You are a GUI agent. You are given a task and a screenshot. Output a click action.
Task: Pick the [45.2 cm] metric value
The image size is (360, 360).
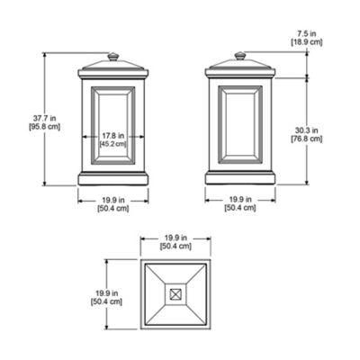112,142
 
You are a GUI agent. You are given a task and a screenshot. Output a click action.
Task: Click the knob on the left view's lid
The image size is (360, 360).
112,58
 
